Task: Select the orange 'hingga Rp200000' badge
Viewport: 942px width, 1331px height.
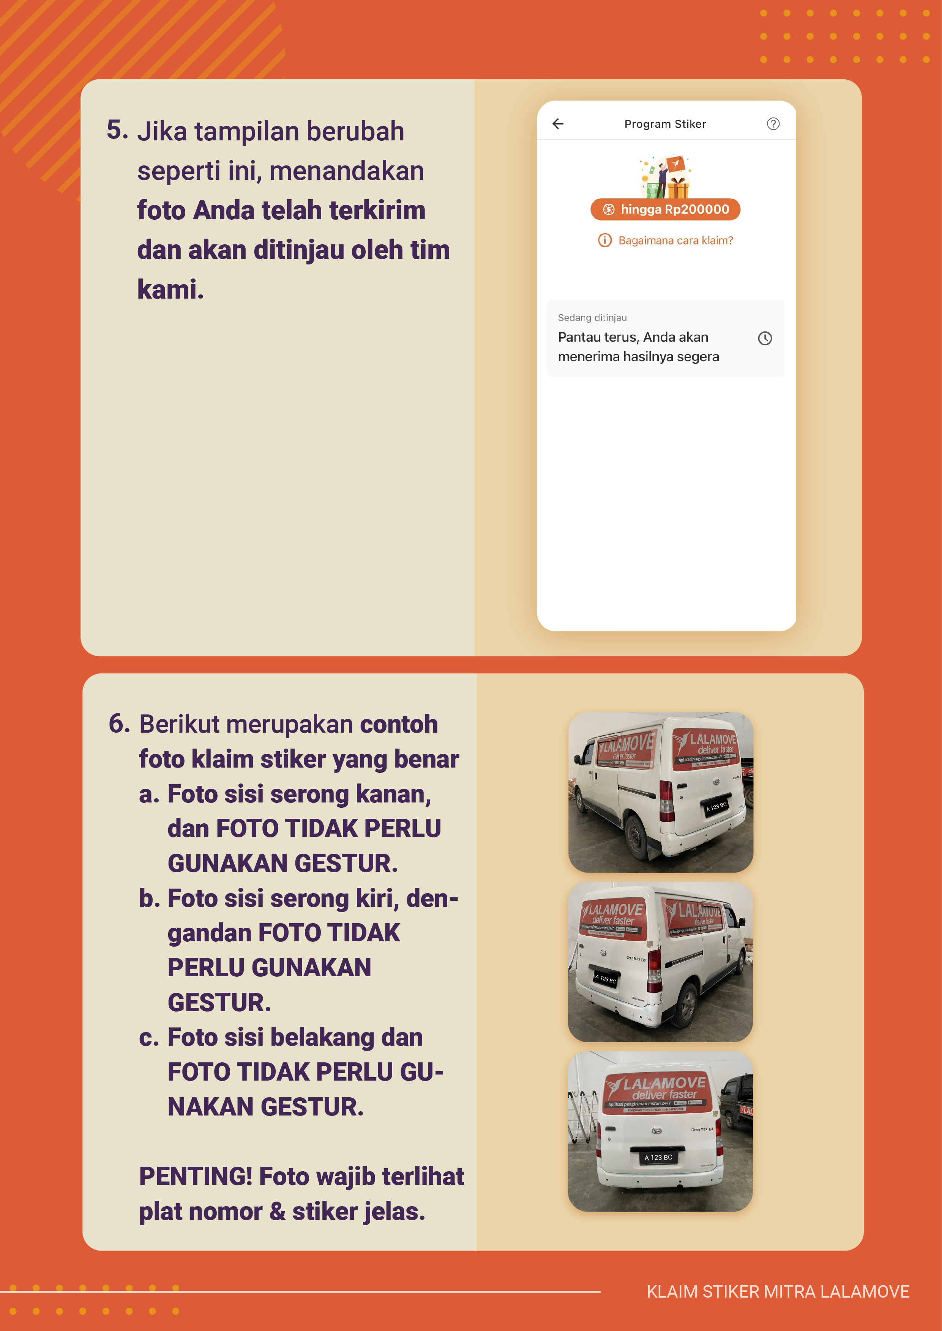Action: click(665, 209)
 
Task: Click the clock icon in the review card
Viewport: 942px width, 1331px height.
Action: click(765, 338)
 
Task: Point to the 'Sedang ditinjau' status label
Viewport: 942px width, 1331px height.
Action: click(592, 318)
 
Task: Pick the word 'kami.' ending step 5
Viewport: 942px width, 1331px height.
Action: click(170, 289)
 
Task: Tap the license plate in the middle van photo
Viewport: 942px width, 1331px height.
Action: click(605, 979)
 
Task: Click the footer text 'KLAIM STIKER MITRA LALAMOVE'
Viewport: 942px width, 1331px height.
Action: click(777, 1292)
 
